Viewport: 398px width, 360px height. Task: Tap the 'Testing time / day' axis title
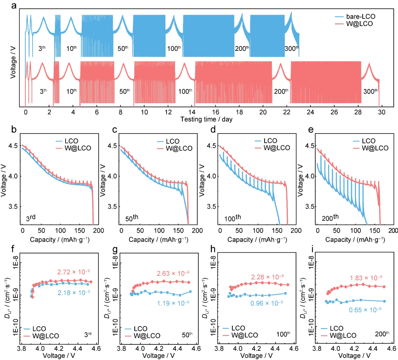(x=206, y=120)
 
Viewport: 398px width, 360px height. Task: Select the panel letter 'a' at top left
(x=14, y=6)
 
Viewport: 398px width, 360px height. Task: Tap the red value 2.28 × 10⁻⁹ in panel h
(x=267, y=276)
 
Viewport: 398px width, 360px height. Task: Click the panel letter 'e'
(x=311, y=130)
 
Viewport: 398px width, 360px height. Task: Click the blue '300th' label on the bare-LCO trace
(x=291, y=48)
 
